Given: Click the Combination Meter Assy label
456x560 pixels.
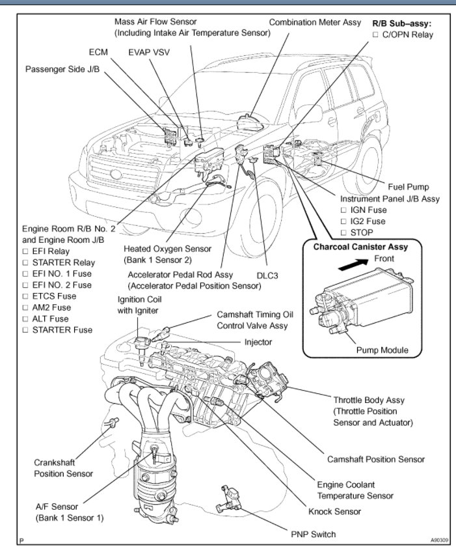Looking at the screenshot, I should (x=315, y=22).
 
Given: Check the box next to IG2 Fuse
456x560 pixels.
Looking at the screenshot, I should (x=344, y=221).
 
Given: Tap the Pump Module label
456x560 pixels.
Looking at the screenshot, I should (x=382, y=350).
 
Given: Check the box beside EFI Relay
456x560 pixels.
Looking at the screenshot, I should (x=27, y=251).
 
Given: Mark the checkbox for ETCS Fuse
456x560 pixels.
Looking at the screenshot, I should (x=27, y=296).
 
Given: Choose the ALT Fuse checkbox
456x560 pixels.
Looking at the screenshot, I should (x=27, y=318).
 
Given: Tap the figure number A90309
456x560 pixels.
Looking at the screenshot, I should (x=440, y=540).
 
